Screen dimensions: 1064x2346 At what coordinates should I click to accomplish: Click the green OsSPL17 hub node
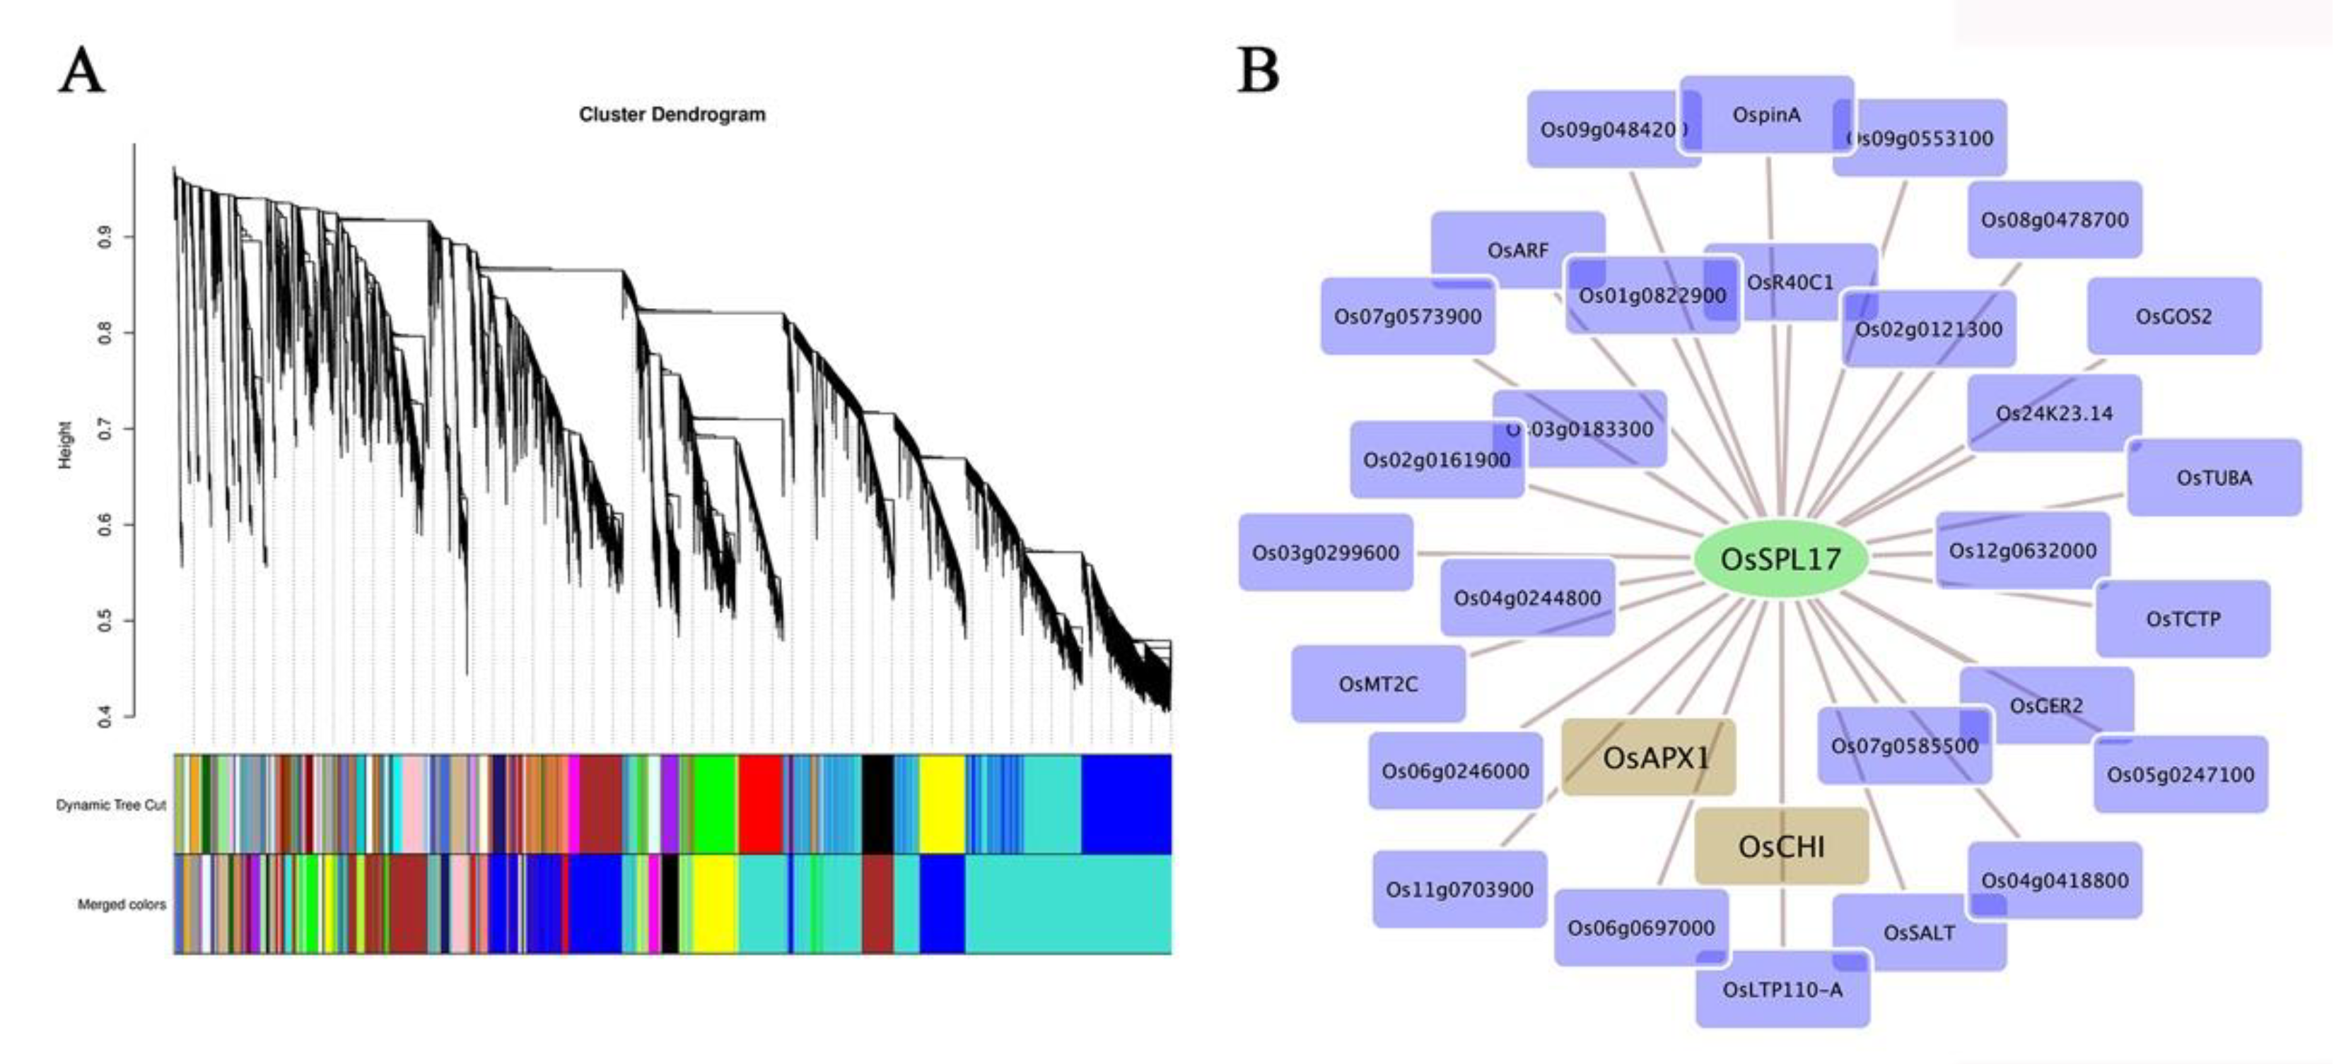1780,559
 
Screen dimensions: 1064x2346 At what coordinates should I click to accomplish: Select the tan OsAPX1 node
1648,757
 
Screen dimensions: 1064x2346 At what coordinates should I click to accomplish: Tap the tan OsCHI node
1781,846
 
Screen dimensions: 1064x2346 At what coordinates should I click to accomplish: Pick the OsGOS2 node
2174,317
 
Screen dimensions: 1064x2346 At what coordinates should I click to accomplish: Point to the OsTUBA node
2214,478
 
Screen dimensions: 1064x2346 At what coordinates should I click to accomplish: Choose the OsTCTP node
2183,619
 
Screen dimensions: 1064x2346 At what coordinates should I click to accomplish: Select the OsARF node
1517,249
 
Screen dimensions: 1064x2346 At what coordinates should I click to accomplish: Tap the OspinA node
1767,114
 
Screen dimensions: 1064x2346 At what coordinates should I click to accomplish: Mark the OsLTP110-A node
1782,989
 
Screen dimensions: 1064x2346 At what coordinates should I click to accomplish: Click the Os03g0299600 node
1325,552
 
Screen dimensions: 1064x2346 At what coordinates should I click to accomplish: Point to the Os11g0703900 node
1459,889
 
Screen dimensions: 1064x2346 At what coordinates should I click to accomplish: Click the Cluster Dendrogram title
672,114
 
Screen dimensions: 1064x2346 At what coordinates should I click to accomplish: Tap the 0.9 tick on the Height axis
105,237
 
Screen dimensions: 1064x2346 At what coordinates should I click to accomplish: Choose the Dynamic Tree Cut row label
111,805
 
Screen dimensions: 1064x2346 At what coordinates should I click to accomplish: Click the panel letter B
1259,71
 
